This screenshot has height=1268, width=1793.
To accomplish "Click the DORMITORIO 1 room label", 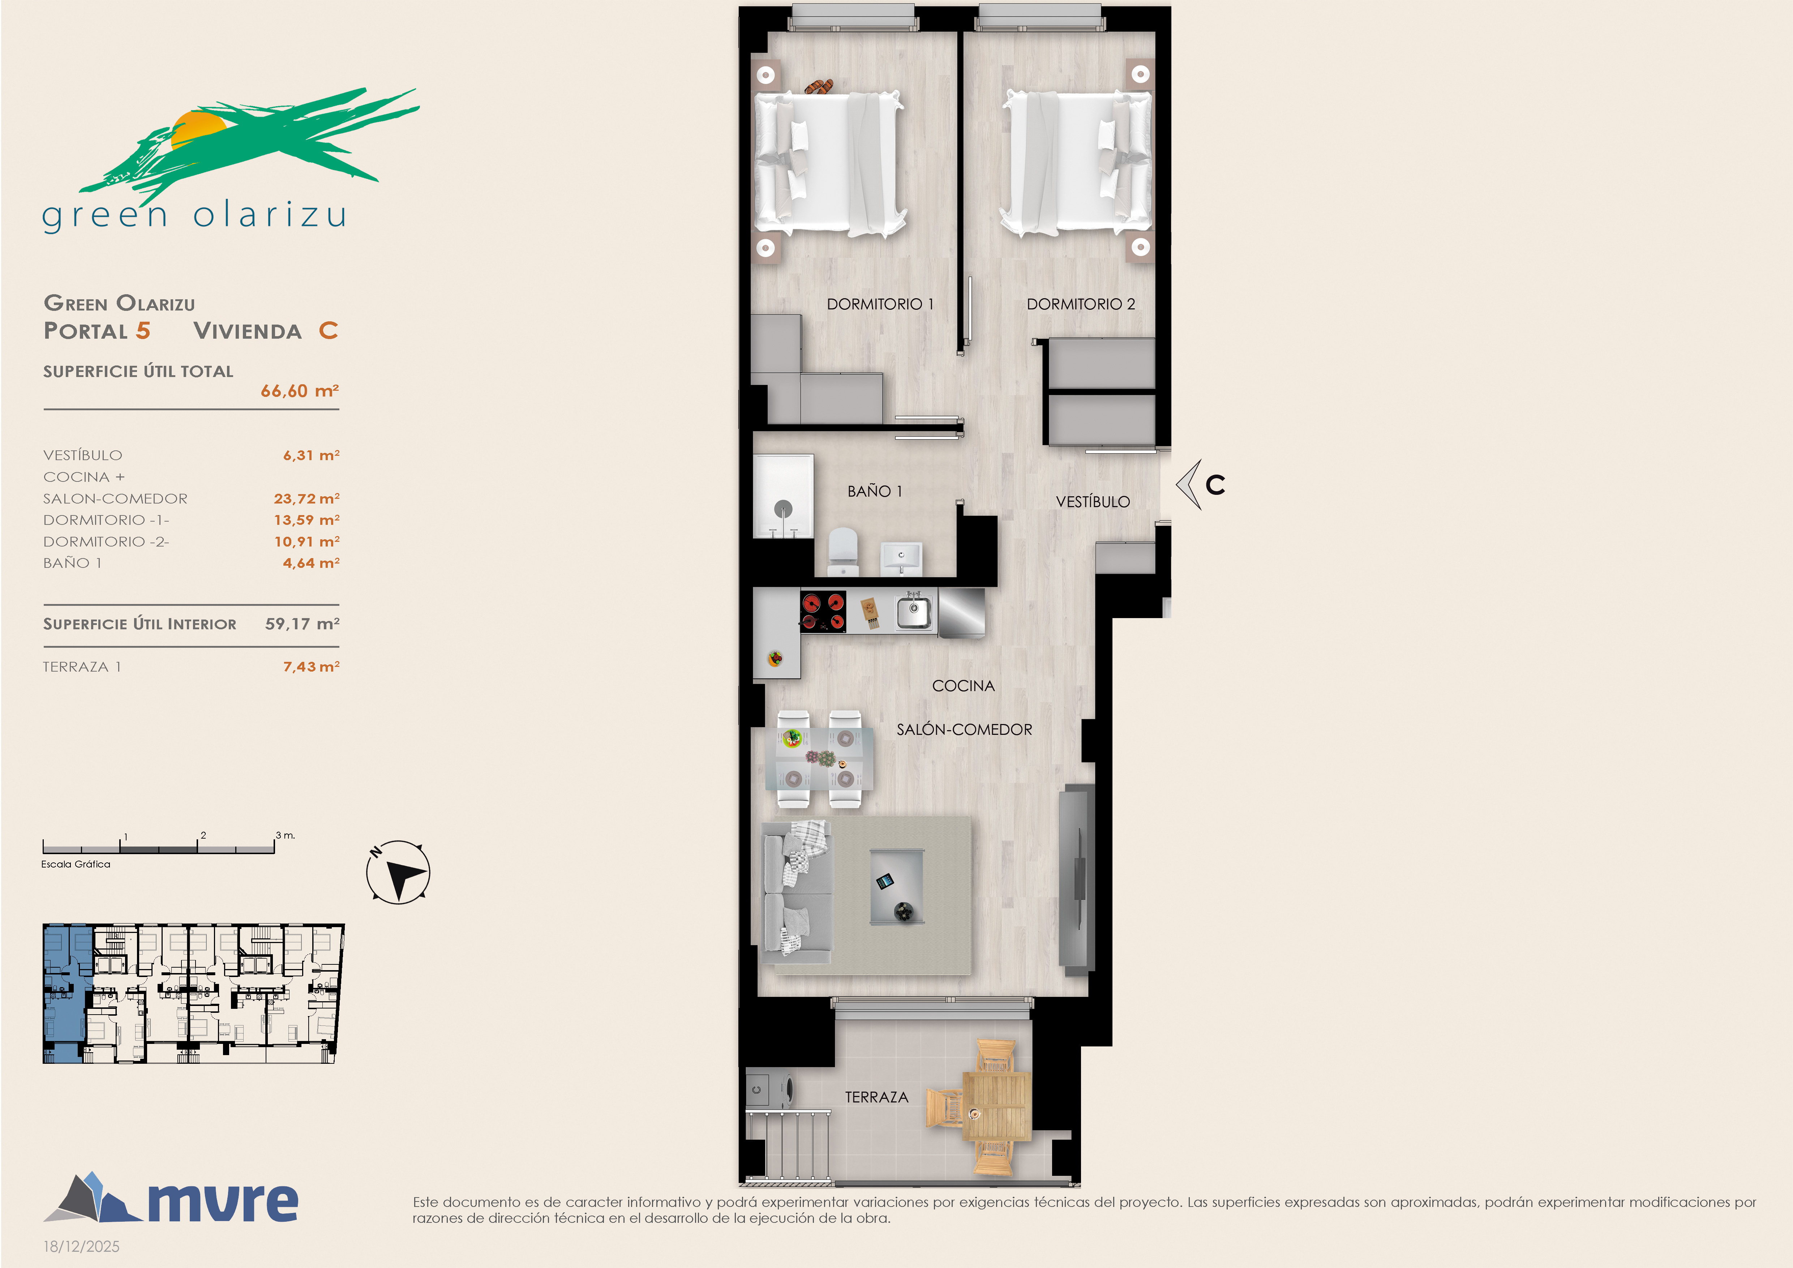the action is click(x=880, y=304).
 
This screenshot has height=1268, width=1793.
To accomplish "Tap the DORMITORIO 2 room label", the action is click(x=1081, y=304).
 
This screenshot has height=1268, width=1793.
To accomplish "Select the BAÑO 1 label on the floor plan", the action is click(x=875, y=491).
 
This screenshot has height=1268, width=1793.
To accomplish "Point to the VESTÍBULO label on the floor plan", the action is click(x=1093, y=501).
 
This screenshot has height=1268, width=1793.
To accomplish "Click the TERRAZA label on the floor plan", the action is click(x=876, y=1097).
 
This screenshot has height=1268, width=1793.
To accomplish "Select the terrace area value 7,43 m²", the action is click(x=311, y=666).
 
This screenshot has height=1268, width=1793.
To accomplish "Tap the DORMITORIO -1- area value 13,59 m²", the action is click(x=306, y=519).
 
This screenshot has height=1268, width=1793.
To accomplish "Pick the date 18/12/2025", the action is click(x=81, y=1246).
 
